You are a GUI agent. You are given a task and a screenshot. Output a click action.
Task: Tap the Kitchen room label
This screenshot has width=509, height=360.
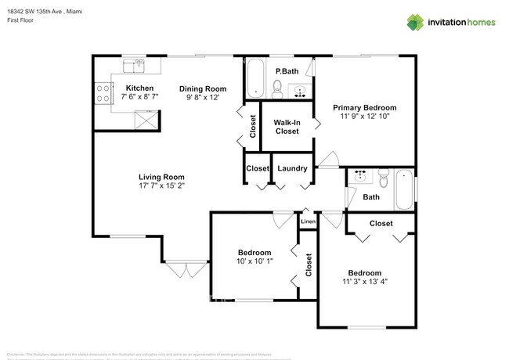[x=140, y=88]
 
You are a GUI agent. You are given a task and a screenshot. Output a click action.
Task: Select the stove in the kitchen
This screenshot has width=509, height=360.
[x=103, y=94]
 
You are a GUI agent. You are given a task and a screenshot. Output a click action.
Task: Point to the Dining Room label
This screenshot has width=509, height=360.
[x=202, y=88]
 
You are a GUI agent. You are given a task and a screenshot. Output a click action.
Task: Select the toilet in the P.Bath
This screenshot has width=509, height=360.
[x=276, y=88]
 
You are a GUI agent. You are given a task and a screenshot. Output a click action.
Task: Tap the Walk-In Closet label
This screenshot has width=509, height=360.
[x=287, y=127]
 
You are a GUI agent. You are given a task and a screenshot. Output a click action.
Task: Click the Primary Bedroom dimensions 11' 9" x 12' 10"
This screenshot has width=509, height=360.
[x=364, y=116]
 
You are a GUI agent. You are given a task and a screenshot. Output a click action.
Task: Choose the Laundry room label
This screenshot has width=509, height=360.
[x=292, y=168]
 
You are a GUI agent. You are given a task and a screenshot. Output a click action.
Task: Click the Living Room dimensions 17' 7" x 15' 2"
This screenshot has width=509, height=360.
[x=161, y=186]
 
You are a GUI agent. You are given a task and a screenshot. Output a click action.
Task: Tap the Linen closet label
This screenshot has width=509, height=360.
[x=308, y=222]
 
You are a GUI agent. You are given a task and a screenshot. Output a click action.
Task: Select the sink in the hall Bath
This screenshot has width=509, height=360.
[x=359, y=176]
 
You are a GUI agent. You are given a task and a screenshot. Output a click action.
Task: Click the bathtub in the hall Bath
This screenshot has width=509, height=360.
[x=405, y=189]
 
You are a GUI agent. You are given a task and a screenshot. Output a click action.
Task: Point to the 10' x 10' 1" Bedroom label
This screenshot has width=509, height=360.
[x=254, y=262]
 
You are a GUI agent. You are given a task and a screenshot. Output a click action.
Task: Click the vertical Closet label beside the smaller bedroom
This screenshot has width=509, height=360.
[x=309, y=265]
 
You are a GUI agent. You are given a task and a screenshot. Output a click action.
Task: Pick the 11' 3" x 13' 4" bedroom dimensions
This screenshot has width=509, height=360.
[x=364, y=283]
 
